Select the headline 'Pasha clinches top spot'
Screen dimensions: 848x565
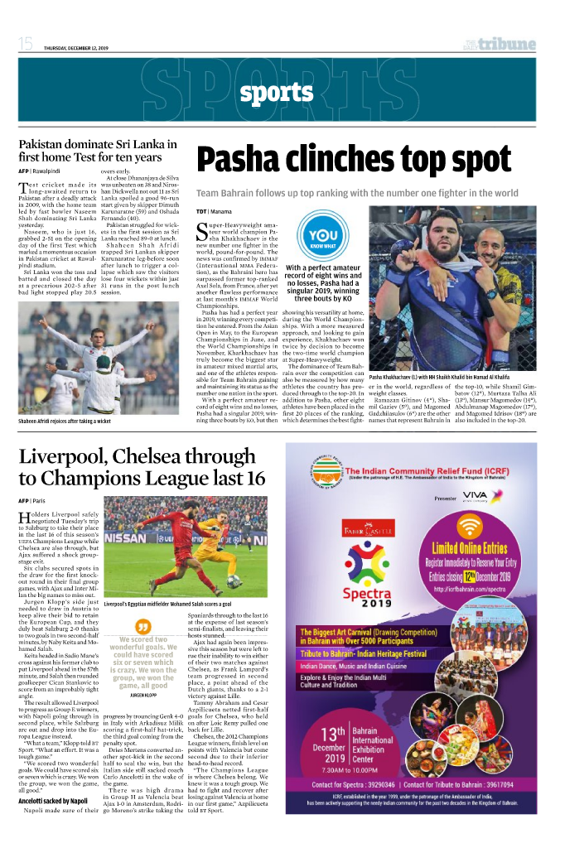tap(353, 159)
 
